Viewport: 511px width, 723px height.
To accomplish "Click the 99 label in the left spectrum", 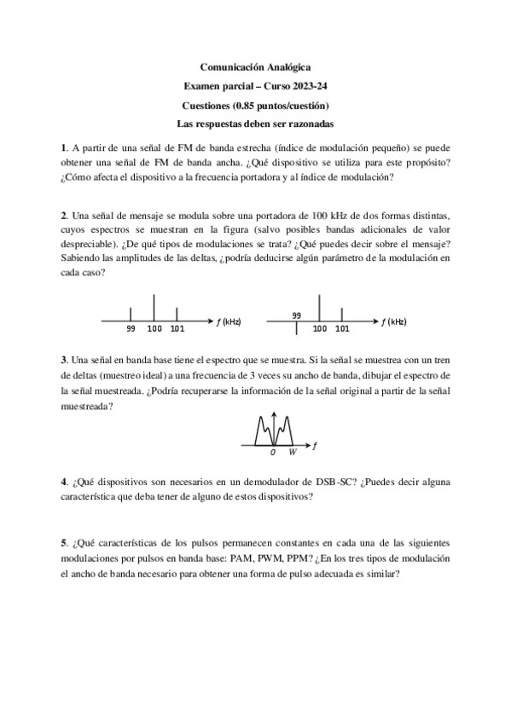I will pos(131,328).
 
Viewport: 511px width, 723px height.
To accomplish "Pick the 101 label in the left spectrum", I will pos(177,328).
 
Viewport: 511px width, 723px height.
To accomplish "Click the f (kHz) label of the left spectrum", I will pos(228,321).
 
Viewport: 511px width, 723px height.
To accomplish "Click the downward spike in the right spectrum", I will pos(296,327).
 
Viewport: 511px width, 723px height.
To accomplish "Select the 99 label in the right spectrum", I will pos(297,314).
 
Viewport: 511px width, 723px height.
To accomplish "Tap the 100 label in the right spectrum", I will pos(321,328).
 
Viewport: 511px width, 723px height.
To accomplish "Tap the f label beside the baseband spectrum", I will pos(316,445).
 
